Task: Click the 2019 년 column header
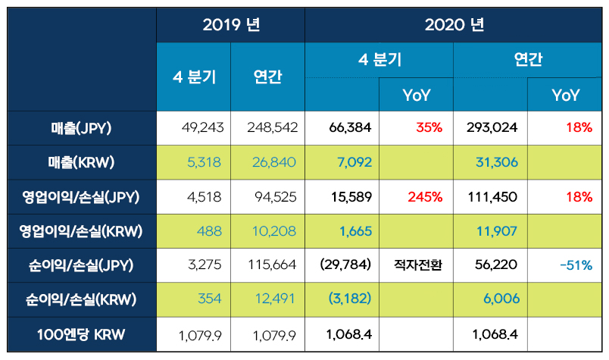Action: pos(231,24)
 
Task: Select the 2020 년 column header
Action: pos(454,24)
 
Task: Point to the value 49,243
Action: pos(203,128)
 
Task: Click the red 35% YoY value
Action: pos(429,128)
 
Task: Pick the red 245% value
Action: pos(425,197)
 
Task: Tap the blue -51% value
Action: pos(575,266)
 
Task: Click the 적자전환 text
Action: pos(417,266)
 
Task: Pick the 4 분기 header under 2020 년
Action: pos(379,60)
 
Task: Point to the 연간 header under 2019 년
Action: pos(268,77)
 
